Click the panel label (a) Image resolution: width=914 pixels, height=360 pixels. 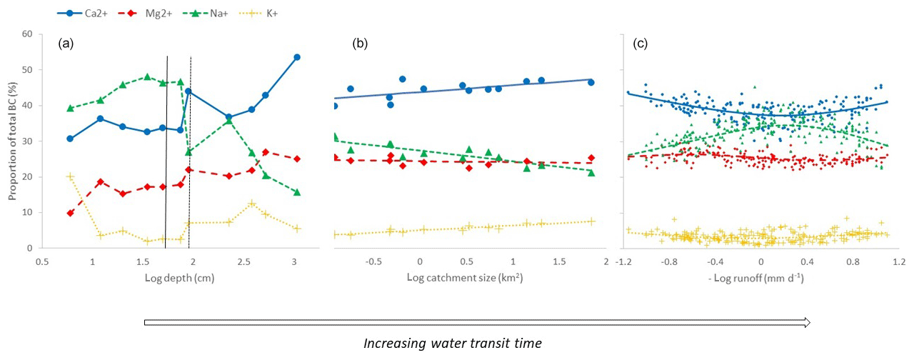[x=66, y=44]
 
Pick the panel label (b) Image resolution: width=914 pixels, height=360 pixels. [x=360, y=44]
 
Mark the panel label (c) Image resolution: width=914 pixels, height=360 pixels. [x=641, y=44]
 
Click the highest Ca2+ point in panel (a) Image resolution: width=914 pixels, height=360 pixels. [x=297, y=57]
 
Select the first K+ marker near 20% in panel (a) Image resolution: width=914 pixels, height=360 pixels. [x=70, y=176]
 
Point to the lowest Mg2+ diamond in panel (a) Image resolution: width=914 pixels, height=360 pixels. [x=70, y=213]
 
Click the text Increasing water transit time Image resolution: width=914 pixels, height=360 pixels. [x=453, y=343]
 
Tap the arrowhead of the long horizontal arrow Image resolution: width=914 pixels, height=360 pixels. [x=807, y=323]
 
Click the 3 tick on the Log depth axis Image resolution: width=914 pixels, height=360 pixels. [x=293, y=261]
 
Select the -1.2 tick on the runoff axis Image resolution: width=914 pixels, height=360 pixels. [x=623, y=261]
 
